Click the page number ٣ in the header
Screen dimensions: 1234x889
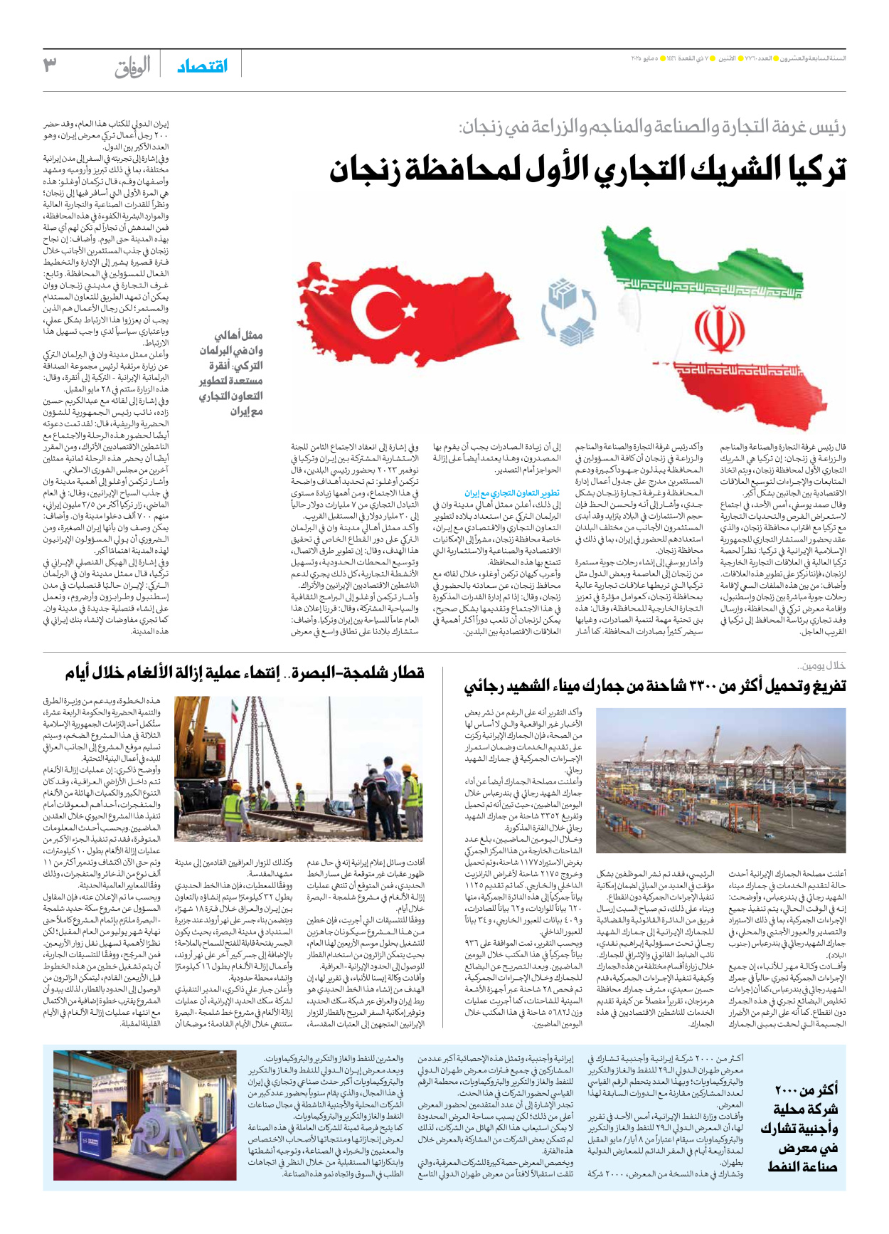click(50, 65)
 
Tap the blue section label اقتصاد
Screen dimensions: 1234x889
click(203, 66)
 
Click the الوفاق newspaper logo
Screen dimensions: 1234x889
click(132, 67)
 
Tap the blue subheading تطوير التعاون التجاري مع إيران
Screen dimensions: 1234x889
click(512, 492)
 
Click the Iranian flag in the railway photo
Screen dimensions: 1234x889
click(235, 711)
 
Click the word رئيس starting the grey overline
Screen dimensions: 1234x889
click(829, 128)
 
